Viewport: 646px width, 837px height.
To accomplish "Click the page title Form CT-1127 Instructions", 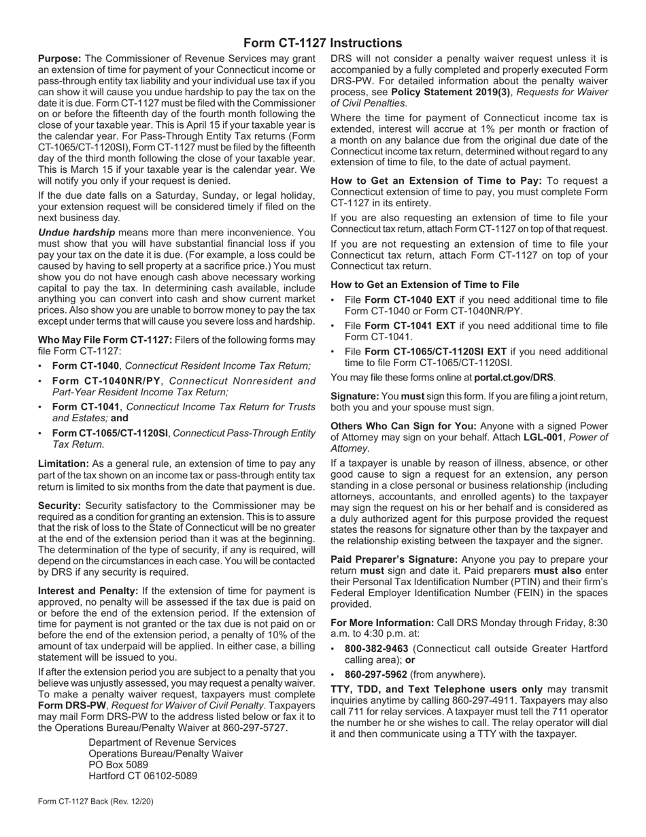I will tap(322, 43).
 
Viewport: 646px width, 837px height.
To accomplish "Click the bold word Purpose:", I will tap(60, 59).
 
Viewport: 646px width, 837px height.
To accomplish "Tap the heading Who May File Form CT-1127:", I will tap(105, 340).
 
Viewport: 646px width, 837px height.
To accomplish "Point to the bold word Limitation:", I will tap(63, 463).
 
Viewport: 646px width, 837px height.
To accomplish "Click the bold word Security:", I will tap(60, 506).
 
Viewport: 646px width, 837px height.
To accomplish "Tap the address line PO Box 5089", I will tap(118, 765).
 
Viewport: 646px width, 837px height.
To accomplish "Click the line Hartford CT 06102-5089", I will tap(143, 776).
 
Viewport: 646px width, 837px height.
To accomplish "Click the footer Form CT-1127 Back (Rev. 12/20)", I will tap(96, 802).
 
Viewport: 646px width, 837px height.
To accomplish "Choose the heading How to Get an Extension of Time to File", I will tap(425, 284).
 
